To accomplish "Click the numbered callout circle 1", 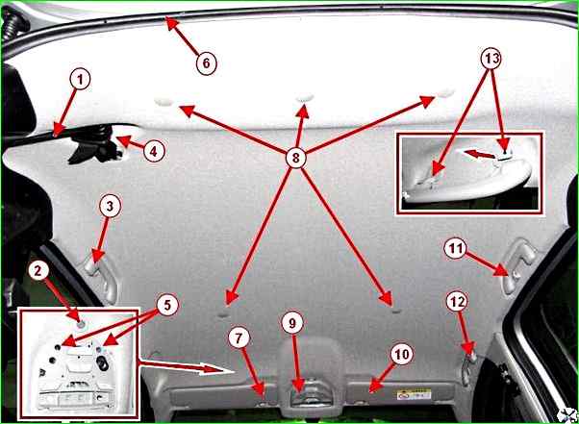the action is point(81,80).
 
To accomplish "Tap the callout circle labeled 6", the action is point(206,63).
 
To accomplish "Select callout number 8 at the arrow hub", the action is point(295,158).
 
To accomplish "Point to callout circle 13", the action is point(491,59).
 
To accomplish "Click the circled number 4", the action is point(154,151).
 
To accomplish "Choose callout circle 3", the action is point(110,206).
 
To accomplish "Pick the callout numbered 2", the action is point(38,271).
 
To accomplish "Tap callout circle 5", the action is point(167,305).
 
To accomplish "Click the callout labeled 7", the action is point(239,338).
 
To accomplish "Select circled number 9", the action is point(292,323).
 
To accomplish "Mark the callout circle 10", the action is point(402,354).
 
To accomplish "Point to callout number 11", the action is point(455,249).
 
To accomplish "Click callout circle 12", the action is point(457,302).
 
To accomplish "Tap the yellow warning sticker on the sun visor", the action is point(414,395).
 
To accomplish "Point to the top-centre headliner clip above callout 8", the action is point(305,98).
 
